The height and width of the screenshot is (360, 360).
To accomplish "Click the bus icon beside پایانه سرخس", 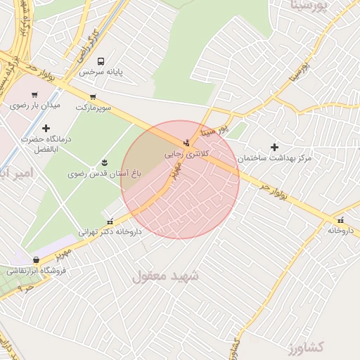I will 101,62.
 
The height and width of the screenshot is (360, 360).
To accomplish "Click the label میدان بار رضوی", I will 35,105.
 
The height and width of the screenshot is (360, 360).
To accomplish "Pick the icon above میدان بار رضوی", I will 33,94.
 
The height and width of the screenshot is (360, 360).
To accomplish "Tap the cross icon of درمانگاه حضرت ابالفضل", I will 46,128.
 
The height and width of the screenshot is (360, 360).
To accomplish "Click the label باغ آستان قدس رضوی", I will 105,172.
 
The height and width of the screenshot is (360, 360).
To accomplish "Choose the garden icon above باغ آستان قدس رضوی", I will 105,162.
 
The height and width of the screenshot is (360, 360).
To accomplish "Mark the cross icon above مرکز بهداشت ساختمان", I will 274,148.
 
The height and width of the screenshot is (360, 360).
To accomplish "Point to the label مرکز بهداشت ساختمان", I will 274,159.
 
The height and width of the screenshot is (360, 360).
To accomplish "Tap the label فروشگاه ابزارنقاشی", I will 36,270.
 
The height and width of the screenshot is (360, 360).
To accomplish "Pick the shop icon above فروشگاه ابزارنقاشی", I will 36,259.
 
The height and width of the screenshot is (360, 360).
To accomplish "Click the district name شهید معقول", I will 166,276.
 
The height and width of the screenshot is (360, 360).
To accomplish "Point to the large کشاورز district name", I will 304,347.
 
